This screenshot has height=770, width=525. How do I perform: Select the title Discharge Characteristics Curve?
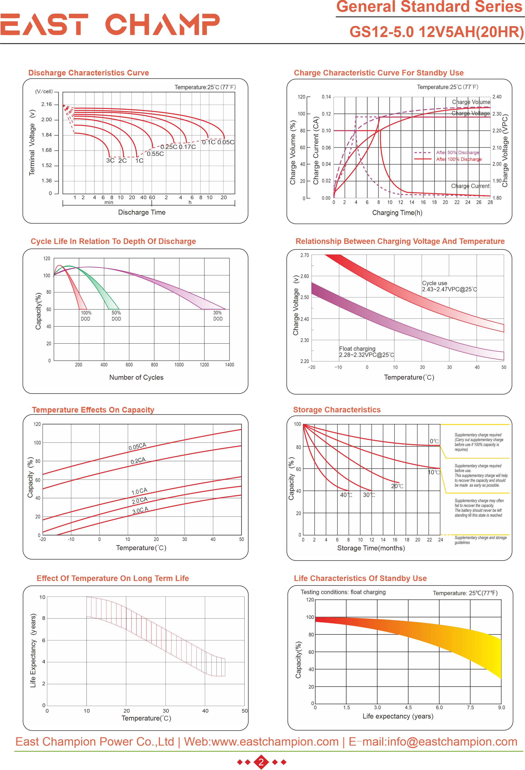[89, 73]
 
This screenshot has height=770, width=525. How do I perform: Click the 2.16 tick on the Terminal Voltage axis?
[46, 104]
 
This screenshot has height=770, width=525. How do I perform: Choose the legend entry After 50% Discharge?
[457, 152]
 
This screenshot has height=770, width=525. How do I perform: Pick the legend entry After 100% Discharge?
[459, 159]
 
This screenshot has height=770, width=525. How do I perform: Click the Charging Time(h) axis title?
[397, 213]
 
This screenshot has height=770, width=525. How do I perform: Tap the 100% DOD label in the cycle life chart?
[86, 316]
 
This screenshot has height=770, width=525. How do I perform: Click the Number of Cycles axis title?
[136, 377]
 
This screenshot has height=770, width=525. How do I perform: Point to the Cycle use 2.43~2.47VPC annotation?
[449, 286]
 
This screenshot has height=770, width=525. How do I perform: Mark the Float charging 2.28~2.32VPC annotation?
[366, 352]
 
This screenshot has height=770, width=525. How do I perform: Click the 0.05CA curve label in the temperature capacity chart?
[137, 446]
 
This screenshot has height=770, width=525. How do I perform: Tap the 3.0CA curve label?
[140, 511]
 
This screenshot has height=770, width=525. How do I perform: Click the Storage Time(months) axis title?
[371, 548]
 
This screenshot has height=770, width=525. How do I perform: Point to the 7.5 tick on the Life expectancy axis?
[470, 707]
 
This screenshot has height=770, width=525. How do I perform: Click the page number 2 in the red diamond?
[261, 762]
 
